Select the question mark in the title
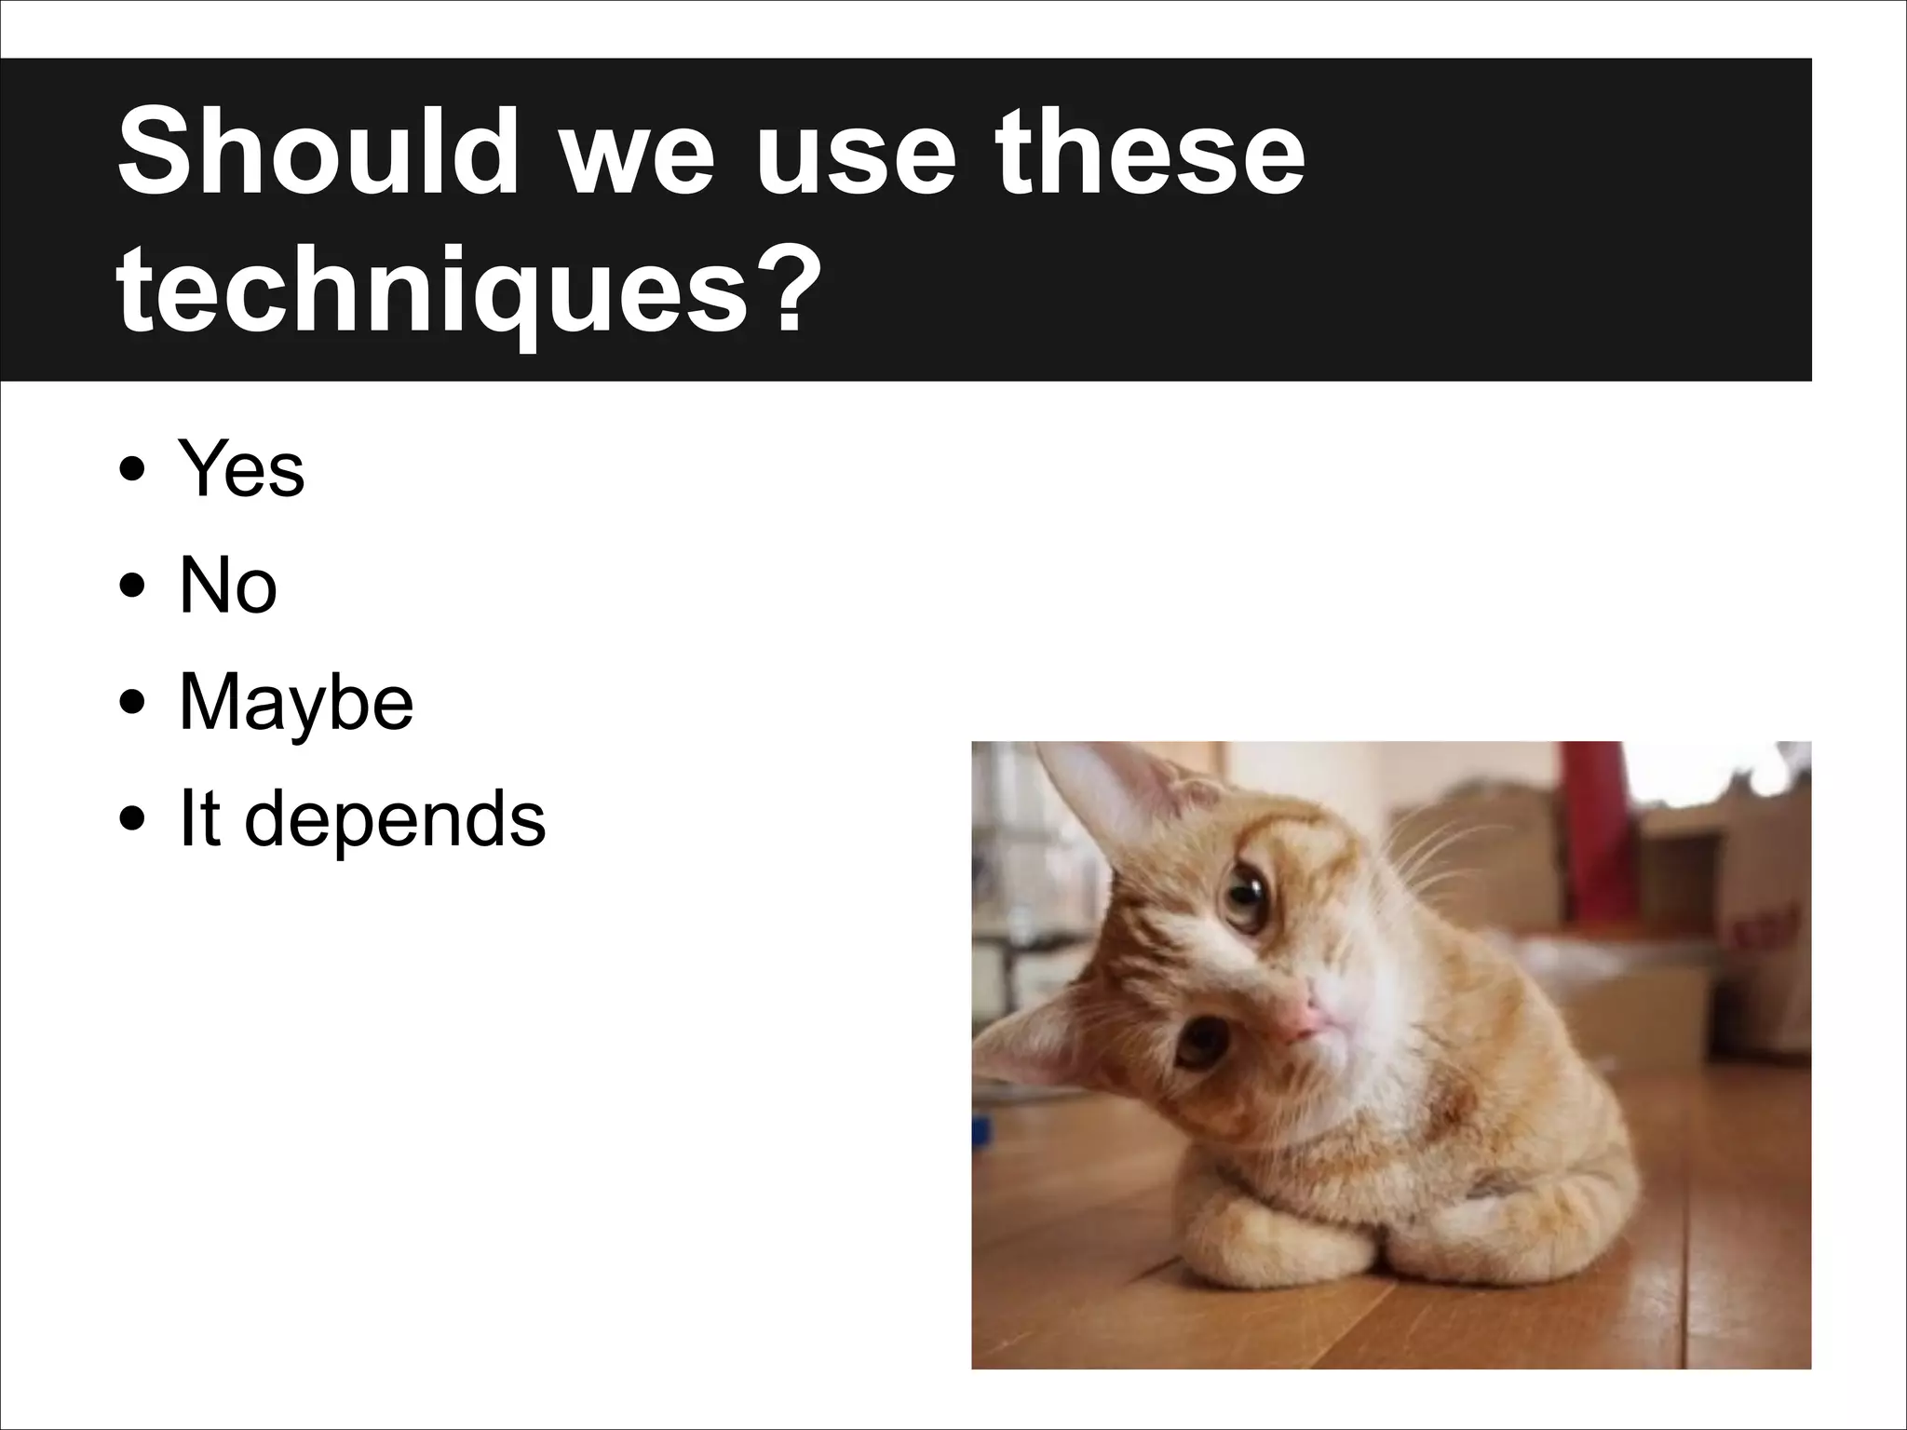click(778, 279)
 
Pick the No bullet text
click(228, 586)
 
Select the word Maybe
click(296, 703)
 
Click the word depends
click(395, 820)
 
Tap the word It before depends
click(199, 818)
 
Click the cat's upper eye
click(1243, 898)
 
